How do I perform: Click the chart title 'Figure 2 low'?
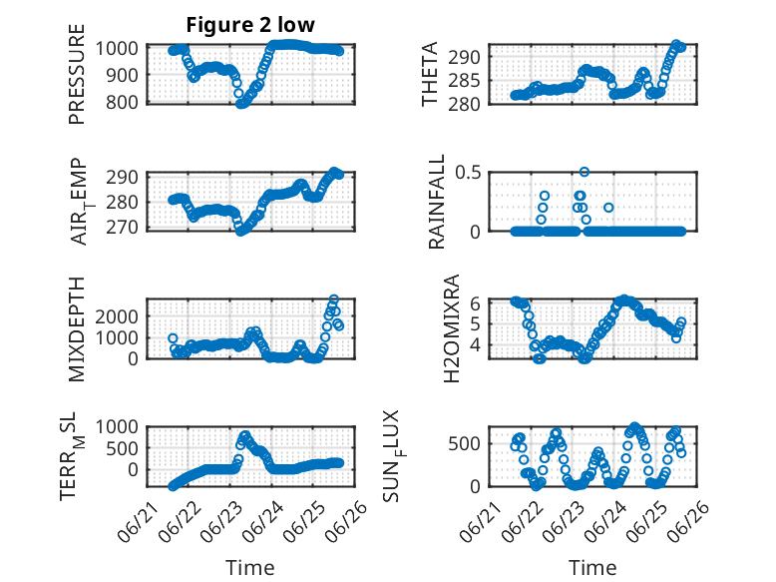click(250, 25)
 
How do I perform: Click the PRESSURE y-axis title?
click(77, 74)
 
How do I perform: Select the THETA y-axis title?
click(430, 74)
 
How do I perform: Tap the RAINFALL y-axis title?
click(437, 202)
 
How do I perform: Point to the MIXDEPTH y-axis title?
click(77, 329)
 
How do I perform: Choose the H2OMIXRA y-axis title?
click(452, 328)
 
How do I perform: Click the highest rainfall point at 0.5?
click(584, 172)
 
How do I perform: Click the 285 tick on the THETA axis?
click(464, 80)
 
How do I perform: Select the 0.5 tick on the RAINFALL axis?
click(468, 173)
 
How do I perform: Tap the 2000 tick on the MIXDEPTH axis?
click(117, 316)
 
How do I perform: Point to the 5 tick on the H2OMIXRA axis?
click(475, 323)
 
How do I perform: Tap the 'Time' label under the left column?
click(250, 568)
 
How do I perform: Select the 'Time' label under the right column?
click(592, 568)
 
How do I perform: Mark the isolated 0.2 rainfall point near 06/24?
click(608, 208)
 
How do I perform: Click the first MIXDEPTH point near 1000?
click(173, 338)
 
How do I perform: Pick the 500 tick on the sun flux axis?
click(464, 444)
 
